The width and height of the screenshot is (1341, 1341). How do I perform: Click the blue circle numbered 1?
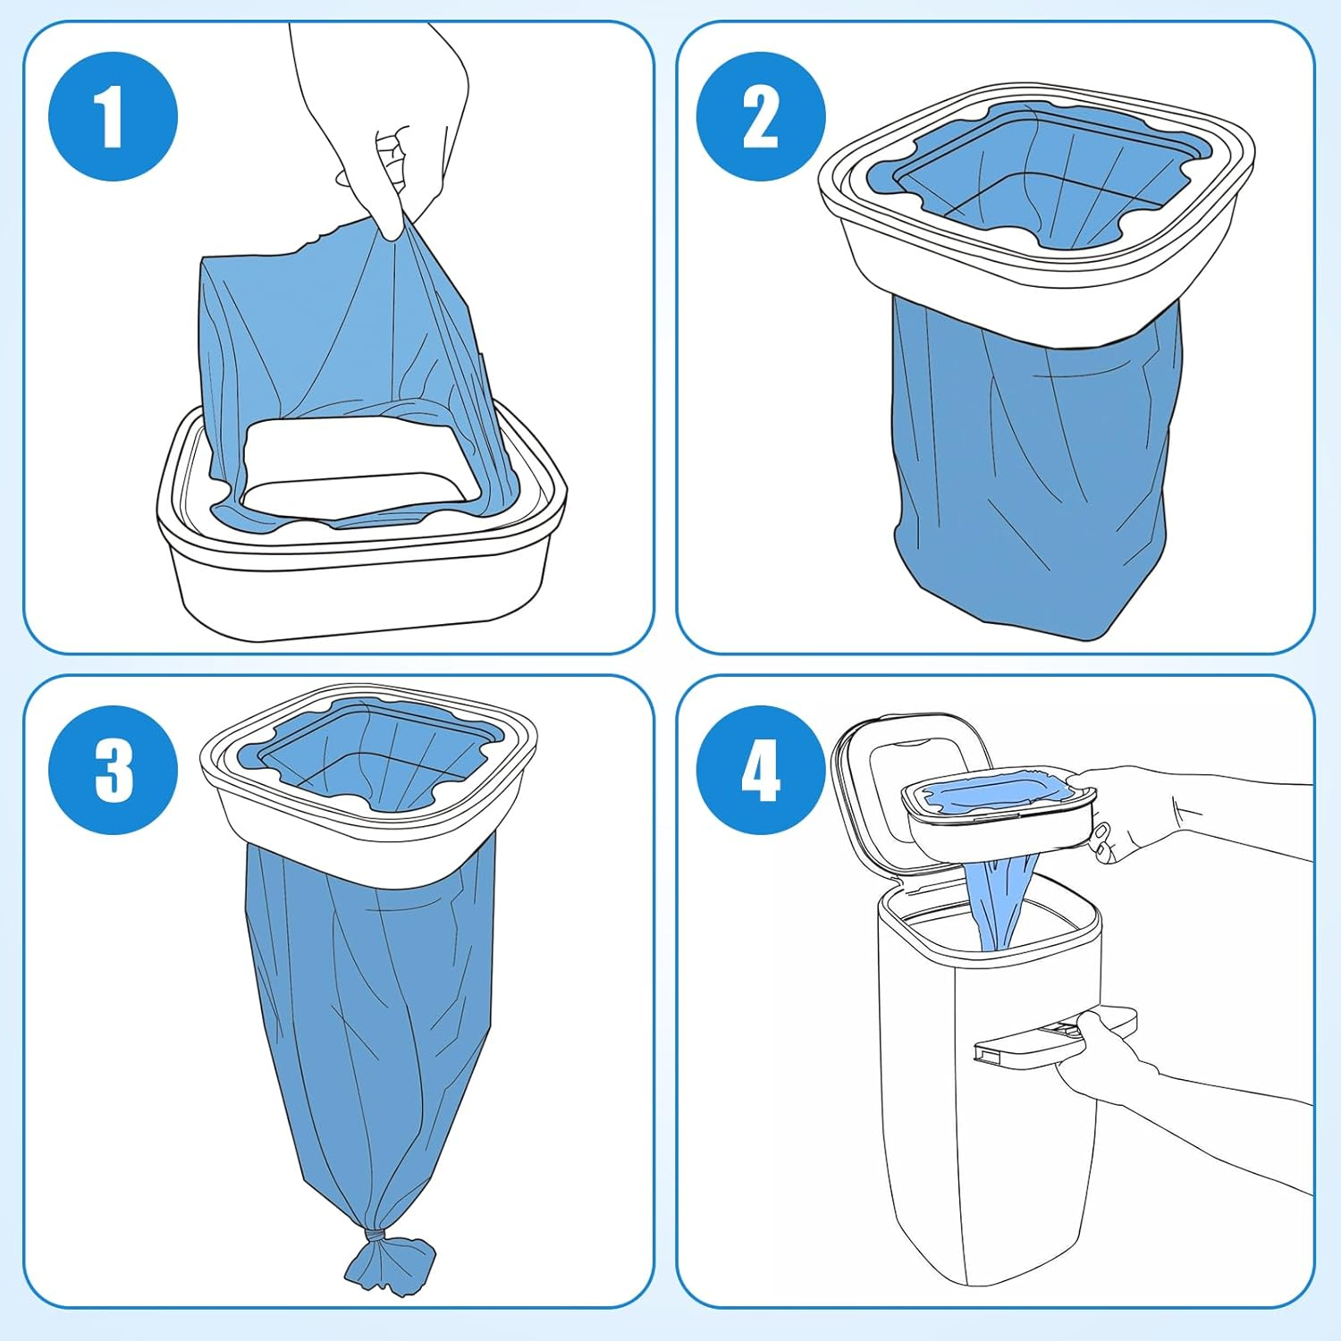point(113,116)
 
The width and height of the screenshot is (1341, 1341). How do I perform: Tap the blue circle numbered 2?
point(760,116)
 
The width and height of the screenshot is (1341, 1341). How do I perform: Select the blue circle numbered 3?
point(113,770)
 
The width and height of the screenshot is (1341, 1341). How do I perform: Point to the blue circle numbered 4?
point(760,770)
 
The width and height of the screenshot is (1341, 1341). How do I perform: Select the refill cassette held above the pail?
point(997,805)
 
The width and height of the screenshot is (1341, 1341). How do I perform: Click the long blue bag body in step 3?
point(367,1028)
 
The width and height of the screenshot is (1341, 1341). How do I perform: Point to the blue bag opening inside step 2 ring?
point(1037,179)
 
